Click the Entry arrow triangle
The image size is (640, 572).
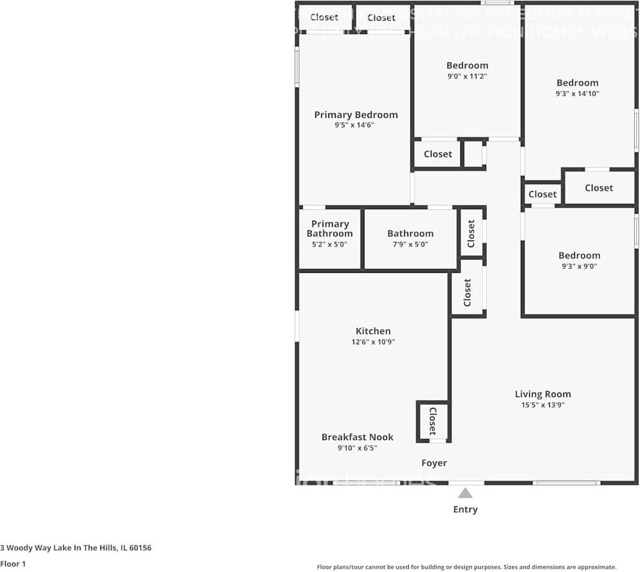tap(465, 494)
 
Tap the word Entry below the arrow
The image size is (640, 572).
tap(465, 510)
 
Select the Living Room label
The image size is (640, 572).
tap(543, 394)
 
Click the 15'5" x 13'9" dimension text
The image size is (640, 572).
tap(543, 405)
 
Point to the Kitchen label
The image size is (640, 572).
tap(373, 331)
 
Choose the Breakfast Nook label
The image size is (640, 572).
tap(357, 438)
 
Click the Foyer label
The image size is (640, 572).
tap(434, 463)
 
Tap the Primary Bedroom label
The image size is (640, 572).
tap(355, 115)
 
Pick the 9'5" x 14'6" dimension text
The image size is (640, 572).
tap(354, 125)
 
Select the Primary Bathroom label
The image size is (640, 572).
tap(329, 228)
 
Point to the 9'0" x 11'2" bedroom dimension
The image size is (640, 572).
tap(467, 76)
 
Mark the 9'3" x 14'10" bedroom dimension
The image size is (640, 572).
tap(578, 93)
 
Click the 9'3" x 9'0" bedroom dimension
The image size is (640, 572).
tap(579, 266)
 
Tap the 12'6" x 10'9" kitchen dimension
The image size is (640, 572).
tap(373, 342)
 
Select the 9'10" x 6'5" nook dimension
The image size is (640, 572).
tap(357, 448)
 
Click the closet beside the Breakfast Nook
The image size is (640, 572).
tap(433, 421)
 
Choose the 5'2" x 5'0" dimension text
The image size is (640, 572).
tap(329, 244)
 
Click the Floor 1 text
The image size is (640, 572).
tap(14, 564)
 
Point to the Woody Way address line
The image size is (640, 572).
tap(75, 548)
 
